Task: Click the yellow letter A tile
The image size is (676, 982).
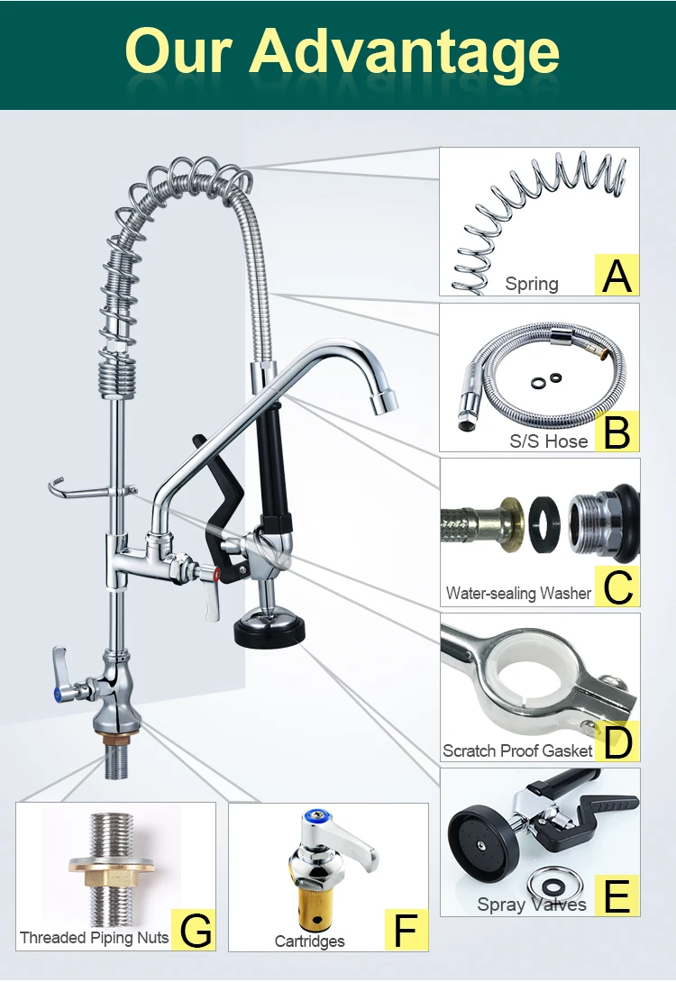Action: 617,275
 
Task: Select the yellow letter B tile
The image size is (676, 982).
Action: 617,432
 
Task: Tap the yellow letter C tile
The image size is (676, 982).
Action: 617,586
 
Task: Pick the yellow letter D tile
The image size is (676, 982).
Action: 617,741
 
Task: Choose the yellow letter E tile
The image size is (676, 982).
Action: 617,896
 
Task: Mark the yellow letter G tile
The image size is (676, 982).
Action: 196,930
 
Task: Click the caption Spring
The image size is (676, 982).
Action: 532,285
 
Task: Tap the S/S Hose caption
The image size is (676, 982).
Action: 549,441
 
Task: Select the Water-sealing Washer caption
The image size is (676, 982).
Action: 518,594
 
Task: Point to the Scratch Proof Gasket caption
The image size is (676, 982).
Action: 517,750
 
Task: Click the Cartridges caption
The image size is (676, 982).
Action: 310,941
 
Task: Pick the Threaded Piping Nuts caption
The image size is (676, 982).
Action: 95,938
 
